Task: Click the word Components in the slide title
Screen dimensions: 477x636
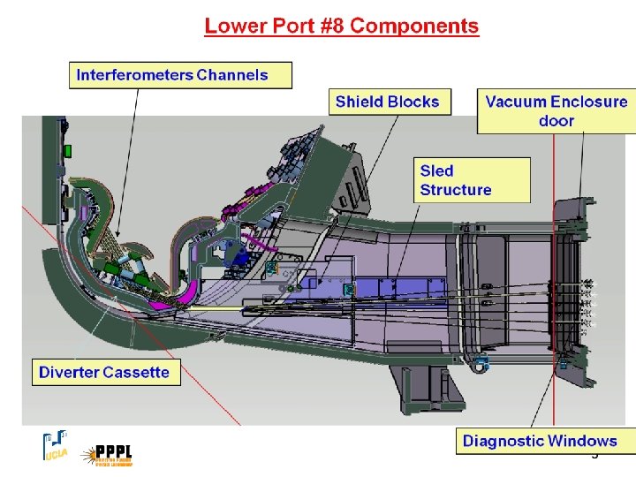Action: (x=414, y=26)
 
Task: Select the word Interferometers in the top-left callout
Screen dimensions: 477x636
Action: (x=135, y=74)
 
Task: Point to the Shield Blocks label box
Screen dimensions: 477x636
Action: (x=387, y=102)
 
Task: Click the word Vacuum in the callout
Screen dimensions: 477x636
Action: (x=516, y=102)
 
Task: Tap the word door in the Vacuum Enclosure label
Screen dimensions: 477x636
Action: (x=556, y=121)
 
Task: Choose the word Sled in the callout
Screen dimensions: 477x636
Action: (x=436, y=170)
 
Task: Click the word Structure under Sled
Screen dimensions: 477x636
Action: (x=456, y=189)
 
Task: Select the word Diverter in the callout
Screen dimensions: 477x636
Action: (x=68, y=372)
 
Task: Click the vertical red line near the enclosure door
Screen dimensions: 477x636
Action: (x=553, y=265)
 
